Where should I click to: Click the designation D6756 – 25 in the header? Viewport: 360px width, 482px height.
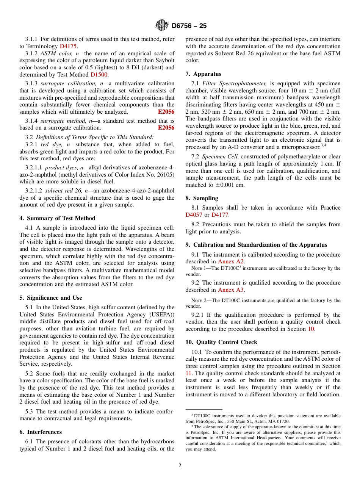pos(189,26)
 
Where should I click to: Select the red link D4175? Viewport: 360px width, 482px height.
pos(68,46)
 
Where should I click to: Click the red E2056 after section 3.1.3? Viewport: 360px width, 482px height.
pos(166,112)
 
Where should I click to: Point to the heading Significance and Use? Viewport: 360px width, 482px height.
pos(51,298)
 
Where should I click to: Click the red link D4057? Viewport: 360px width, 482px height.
pos(194,215)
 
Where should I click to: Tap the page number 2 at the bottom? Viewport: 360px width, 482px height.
pos(180,466)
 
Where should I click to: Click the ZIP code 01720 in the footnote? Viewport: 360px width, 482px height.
pos(283,421)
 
